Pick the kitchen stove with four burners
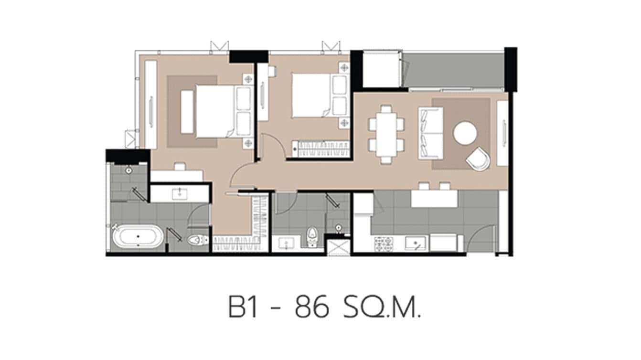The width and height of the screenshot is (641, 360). pyautogui.click(x=384, y=244)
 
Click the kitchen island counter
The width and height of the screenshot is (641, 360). pyautogui.click(x=434, y=199)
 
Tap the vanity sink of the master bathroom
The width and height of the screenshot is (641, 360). pyautogui.click(x=180, y=193)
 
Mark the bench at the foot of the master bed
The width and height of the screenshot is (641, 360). pyautogui.click(x=187, y=112)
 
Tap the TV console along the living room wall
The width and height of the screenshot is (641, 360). pyautogui.click(x=502, y=133)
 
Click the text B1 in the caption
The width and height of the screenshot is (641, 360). pyautogui.click(x=244, y=308)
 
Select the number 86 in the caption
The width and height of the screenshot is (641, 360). pyautogui.click(x=312, y=308)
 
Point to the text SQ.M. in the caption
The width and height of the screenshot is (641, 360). pyautogui.click(x=382, y=308)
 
